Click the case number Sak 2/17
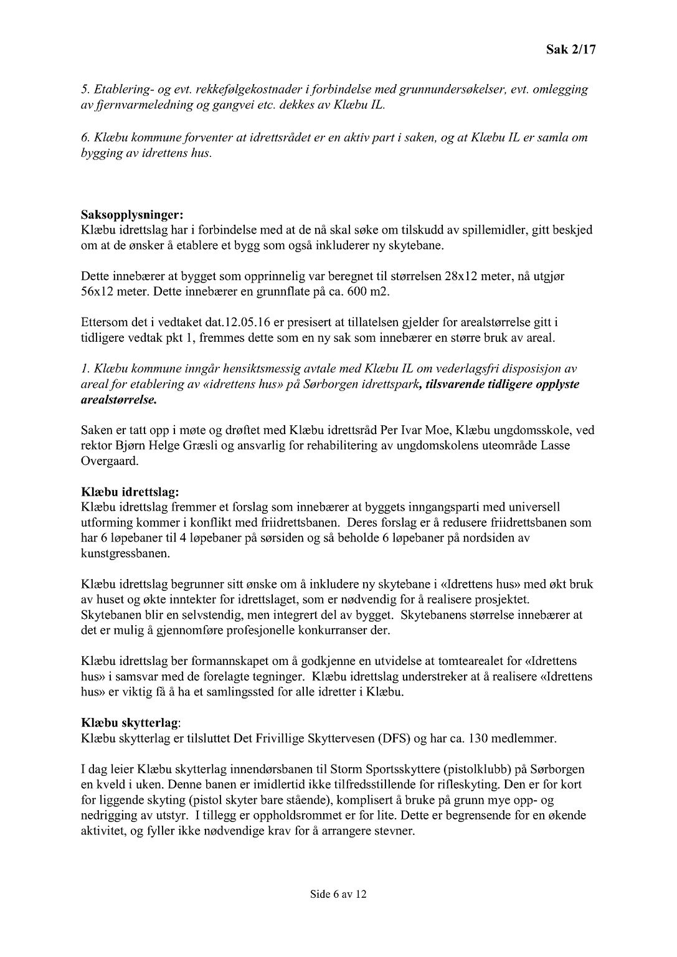(570, 50)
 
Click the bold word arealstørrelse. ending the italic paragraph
(119, 400)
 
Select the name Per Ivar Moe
(375, 430)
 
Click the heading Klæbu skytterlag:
(131, 724)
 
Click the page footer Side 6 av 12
(338, 895)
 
